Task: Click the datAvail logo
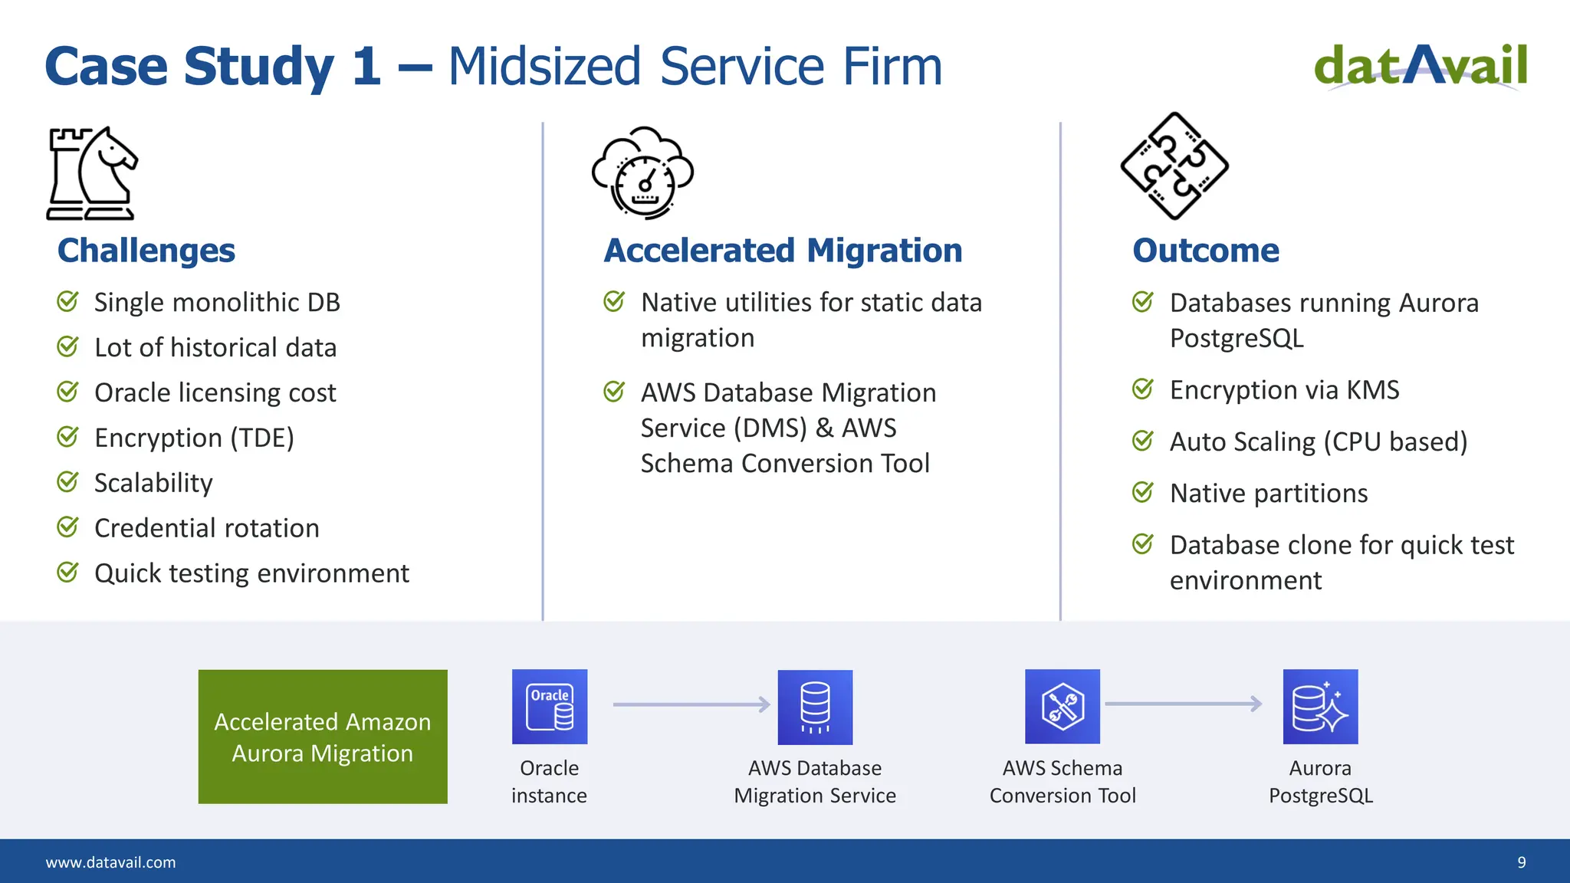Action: coord(1421,67)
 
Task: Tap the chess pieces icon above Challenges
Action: coord(92,174)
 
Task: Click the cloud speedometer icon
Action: coord(643,173)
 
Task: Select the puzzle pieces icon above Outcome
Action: coord(1174,166)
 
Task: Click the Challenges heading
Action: coord(146,251)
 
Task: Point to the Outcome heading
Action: coord(1205,251)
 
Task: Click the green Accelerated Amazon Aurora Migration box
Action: coord(323,737)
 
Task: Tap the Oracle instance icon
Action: coord(550,707)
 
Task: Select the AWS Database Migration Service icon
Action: coord(815,707)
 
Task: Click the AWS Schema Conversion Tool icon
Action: coord(1063,707)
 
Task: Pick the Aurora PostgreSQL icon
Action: coord(1320,707)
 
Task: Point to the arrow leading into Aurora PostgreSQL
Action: coord(1183,704)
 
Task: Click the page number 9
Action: coord(1522,862)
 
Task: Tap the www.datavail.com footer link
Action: coord(110,862)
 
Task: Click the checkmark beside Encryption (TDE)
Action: coord(67,437)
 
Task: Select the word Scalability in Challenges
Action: coord(153,483)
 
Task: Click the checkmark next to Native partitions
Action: coord(1142,492)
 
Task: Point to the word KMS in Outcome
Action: coord(1373,390)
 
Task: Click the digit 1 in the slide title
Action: coord(366,67)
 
